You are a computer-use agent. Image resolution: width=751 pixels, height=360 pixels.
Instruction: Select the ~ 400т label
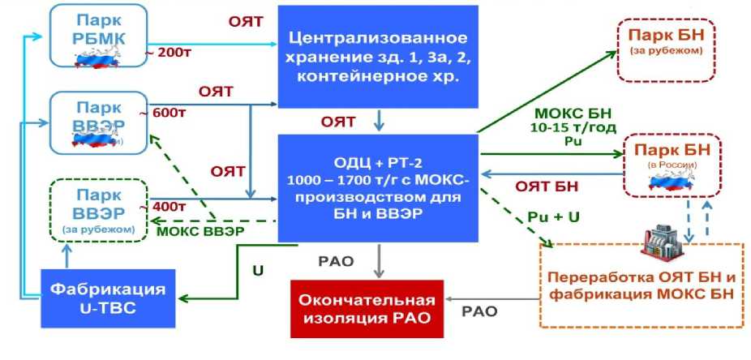coord(170,205)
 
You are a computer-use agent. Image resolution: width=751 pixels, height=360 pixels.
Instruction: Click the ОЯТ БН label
coord(547,186)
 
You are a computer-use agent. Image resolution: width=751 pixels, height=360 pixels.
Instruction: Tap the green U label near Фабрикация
coord(258,270)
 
